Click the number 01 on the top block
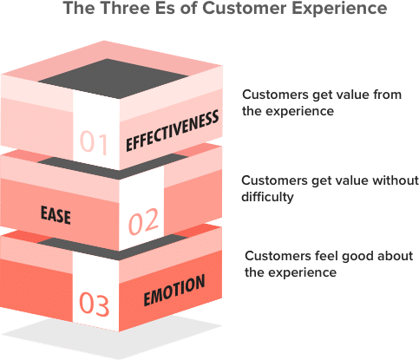coord(94,142)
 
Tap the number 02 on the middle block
coord(143,221)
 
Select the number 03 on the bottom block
coord(95,304)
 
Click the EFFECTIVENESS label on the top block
coord(173,130)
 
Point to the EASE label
coord(56,215)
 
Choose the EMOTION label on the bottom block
coord(174,290)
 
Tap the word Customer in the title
coord(244,8)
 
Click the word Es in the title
coord(165,8)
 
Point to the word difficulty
coord(267,197)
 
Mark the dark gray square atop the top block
coord(114,78)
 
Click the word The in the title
coord(79,8)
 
